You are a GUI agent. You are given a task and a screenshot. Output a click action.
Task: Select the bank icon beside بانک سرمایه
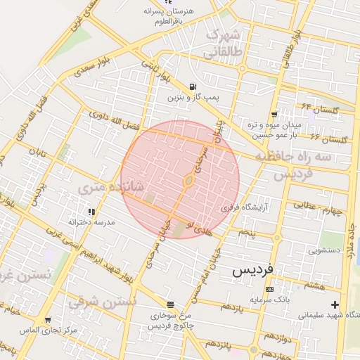(269, 289)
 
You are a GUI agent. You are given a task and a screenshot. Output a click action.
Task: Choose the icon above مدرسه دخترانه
(91, 211)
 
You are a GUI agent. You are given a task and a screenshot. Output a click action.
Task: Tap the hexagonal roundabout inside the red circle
(189, 181)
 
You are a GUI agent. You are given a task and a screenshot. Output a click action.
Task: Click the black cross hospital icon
(335, 304)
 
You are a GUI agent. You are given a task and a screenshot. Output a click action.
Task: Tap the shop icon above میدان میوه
(274, 114)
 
